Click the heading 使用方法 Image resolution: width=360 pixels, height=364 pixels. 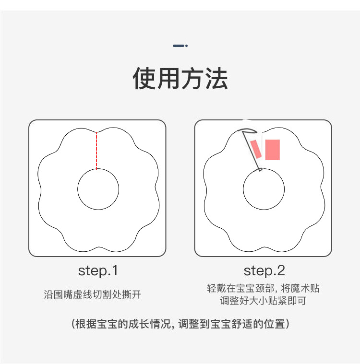pyautogui.click(x=180, y=79)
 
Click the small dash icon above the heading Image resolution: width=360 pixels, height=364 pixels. pyautogui.click(x=180, y=46)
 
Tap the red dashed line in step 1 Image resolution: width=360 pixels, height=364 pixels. pyautogui.click(x=96, y=151)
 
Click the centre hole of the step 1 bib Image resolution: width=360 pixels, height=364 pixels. pyautogui.click(x=98, y=189)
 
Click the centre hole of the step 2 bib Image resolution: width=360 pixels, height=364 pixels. pyautogui.click(x=264, y=189)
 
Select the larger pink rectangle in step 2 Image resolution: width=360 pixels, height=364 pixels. pyautogui.click(x=272, y=150)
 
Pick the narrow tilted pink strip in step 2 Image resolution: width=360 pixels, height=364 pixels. pyautogui.click(x=256, y=149)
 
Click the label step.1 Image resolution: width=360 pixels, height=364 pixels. pyautogui.click(x=97, y=270)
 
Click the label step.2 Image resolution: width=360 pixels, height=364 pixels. pyautogui.click(x=264, y=270)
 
